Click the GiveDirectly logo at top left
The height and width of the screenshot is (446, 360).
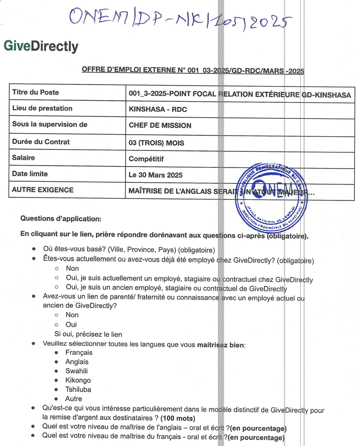click(x=41, y=47)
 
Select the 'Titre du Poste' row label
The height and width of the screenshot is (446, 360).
click(x=35, y=92)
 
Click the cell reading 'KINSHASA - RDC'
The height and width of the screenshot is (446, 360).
click(x=155, y=109)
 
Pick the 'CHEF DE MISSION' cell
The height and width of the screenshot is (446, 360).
click(x=160, y=126)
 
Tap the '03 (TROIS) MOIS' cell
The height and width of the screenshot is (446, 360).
click(x=156, y=143)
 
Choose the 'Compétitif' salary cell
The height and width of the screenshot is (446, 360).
click(x=146, y=159)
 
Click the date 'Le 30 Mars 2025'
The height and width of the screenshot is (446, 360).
click(x=155, y=175)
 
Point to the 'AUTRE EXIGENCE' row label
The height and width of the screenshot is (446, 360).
click(x=43, y=190)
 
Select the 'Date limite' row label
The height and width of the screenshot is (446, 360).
click(x=30, y=174)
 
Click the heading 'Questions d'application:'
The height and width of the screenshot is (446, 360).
click(x=61, y=219)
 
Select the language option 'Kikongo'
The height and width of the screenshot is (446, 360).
click(x=78, y=380)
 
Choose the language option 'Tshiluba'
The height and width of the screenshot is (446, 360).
click(x=78, y=390)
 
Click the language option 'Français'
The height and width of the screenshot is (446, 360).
click(x=79, y=352)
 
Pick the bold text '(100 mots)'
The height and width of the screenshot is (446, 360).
click(x=178, y=419)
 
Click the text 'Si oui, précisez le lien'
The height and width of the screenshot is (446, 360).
click(x=88, y=334)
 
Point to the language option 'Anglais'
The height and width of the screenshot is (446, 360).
click(x=77, y=361)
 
